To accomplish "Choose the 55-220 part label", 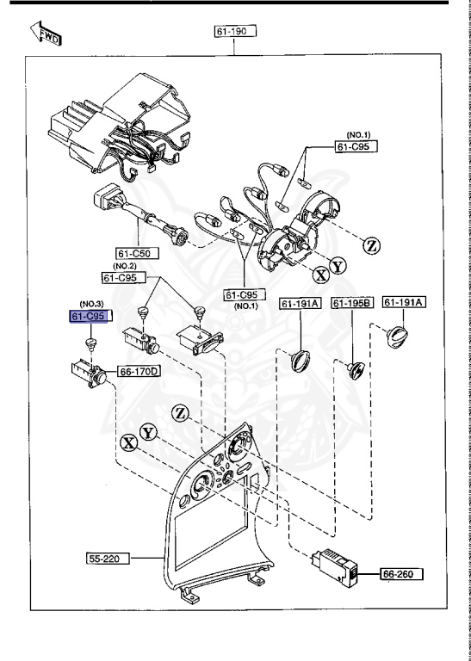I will (108, 559).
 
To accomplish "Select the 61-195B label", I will (351, 303).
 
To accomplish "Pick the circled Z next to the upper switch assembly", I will (372, 245).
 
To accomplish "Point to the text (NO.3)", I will (91, 304).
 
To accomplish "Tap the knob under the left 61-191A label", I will (298, 359).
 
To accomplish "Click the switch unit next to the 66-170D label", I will (87, 373).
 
